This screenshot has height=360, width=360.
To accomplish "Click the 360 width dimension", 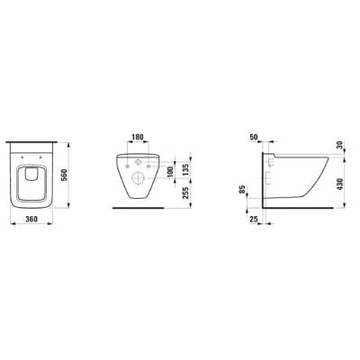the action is coord(31,219).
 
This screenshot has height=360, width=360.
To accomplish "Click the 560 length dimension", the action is coord(64,175).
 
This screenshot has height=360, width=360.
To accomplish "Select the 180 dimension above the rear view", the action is coord(138,137).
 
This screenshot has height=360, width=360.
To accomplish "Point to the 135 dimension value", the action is coord(185,169).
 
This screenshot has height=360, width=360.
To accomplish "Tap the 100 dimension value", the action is coord(170,172).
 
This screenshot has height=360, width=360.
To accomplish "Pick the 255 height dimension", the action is coord(185,193).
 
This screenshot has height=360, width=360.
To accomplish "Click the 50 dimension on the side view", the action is coord(254,137).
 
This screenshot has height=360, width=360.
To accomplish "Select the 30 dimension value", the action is coord(339,145).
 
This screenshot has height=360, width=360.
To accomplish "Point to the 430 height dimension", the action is coord(339,183).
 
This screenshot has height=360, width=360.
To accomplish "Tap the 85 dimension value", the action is coord(243,189).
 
